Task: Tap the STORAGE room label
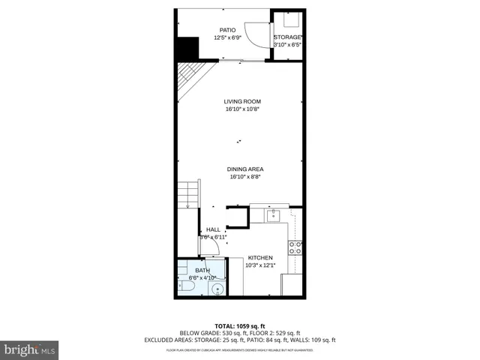click(287, 37)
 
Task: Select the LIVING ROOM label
click(242, 101)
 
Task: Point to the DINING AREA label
click(245, 169)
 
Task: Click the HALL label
click(213, 229)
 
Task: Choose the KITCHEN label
click(260, 257)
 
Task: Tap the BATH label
click(202, 270)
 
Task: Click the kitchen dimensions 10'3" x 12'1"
click(260, 265)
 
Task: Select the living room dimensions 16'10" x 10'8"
click(242, 109)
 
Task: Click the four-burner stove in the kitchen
click(295, 247)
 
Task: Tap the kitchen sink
click(274, 216)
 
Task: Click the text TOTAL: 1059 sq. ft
click(240, 325)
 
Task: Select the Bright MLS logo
click(30, 349)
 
